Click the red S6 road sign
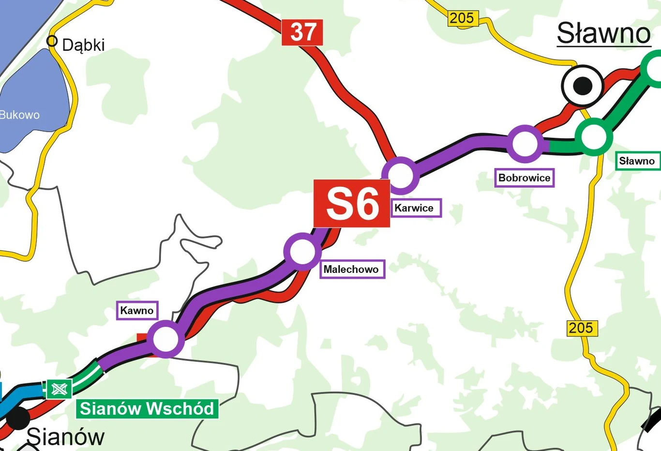(x=352, y=204)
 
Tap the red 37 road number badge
(x=302, y=32)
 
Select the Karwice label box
(x=416, y=208)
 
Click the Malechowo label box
(x=352, y=269)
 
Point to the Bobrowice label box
(x=524, y=178)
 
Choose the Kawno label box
(x=137, y=311)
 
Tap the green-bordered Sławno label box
(x=637, y=161)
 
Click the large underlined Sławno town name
(x=603, y=33)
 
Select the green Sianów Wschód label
(x=147, y=409)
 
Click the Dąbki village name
(x=83, y=45)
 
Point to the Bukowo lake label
(x=19, y=115)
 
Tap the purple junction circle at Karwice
(x=400, y=175)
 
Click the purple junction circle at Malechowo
(x=302, y=252)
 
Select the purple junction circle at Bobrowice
(x=525, y=143)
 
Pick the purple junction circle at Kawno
(x=165, y=339)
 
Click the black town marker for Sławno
(x=583, y=86)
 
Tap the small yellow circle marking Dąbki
(x=52, y=41)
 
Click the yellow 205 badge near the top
(x=462, y=18)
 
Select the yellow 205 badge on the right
(x=582, y=328)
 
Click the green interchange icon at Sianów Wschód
(x=59, y=389)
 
